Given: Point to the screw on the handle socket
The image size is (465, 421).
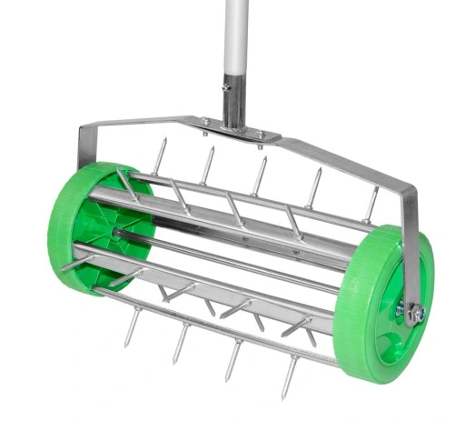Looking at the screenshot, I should click(225, 88).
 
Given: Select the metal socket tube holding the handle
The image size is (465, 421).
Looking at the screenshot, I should click(232, 105).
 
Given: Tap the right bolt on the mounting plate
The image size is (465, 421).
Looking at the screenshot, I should click(262, 135).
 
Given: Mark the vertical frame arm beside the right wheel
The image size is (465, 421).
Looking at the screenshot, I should click(411, 246).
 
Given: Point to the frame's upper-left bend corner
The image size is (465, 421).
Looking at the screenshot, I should click(84, 135).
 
